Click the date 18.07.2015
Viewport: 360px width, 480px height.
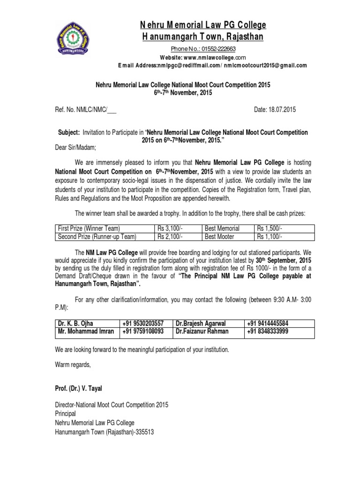pos(282,110)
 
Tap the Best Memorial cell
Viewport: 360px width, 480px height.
pos(223,228)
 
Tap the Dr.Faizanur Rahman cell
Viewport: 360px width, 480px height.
pos(202,331)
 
